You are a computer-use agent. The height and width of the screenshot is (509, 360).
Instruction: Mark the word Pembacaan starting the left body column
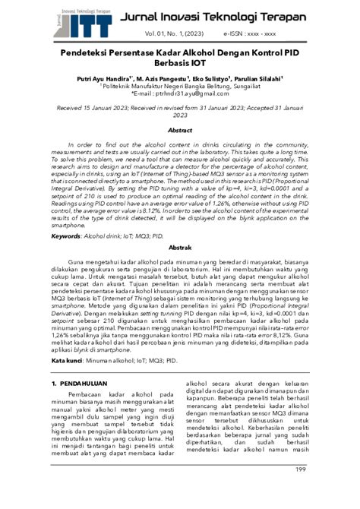(98, 395)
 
